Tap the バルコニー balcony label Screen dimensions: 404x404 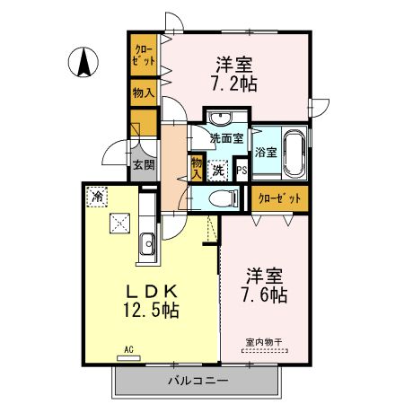coord(197,381)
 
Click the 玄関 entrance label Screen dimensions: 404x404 coord(143,164)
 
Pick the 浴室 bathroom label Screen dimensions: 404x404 coord(266,154)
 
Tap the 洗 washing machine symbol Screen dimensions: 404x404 coord(218,168)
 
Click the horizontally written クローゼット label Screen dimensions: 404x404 coord(278,198)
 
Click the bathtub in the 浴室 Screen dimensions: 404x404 coord(293,153)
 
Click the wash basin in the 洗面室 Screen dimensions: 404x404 coord(219,119)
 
